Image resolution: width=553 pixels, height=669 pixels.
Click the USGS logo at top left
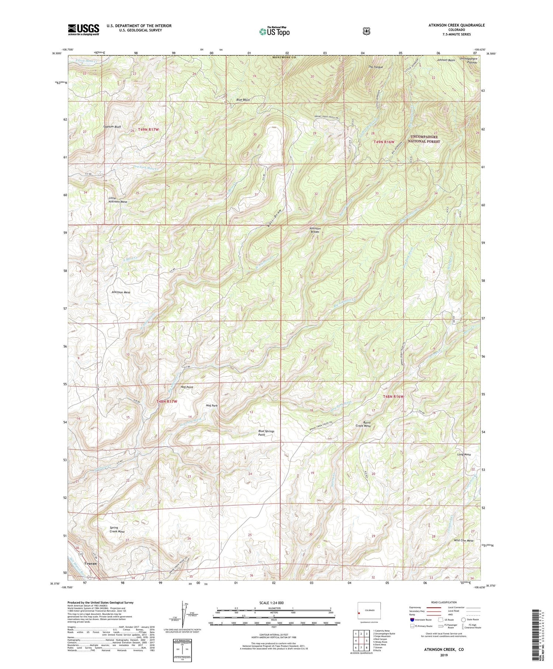point(83,30)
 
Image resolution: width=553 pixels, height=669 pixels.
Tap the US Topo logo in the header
point(274,31)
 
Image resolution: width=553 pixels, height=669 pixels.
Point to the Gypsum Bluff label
point(112,127)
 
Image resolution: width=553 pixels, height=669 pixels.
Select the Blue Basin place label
point(243,100)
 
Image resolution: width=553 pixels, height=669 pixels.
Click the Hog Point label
point(187,387)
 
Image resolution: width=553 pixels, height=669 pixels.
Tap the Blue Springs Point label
point(266,433)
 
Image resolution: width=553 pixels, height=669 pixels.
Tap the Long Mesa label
point(464,455)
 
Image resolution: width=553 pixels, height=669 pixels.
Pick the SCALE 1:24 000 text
point(273,603)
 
